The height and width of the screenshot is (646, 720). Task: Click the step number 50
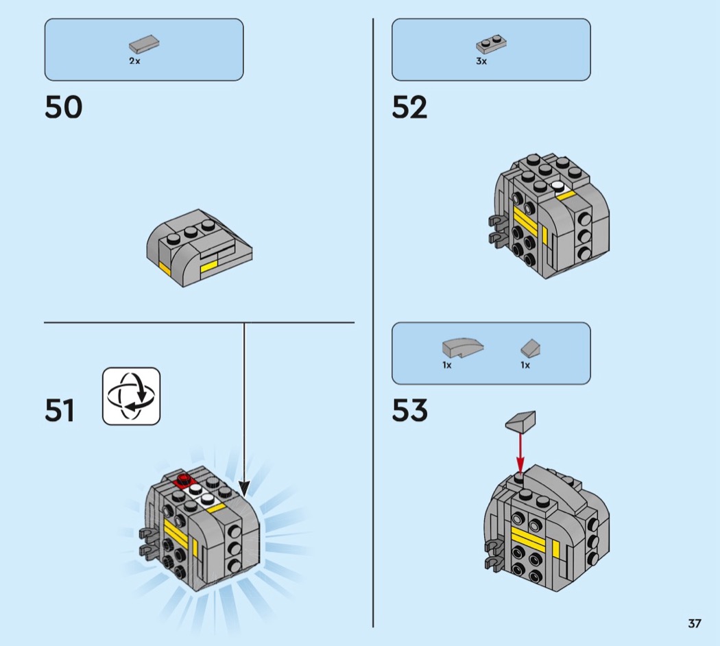click(63, 108)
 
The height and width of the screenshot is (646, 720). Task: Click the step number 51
click(60, 411)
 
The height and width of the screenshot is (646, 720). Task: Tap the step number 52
click(409, 108)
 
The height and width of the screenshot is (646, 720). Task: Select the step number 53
click(409, 411)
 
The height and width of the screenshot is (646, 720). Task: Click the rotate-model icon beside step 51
click(131, 396)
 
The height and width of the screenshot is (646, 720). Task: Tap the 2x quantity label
click(134, 61)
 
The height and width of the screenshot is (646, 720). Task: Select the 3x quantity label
click(481, 61)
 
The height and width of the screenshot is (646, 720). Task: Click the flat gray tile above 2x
click(144, 45)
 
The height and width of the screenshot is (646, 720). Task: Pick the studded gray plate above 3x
click(491, 45)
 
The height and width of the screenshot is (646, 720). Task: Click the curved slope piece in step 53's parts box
click(463, 348)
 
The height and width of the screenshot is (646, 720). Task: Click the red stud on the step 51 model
click(183, 479)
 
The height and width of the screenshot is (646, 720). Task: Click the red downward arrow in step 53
click(520, 452)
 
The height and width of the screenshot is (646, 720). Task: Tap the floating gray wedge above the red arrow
click(521, 421)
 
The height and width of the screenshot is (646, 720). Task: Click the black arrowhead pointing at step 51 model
click(244, 489)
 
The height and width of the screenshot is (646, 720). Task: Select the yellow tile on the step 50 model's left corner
click(165, 267)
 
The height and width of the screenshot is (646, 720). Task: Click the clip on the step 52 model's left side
click(496, 230)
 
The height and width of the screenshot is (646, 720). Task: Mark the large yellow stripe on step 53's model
click(529, 541)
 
